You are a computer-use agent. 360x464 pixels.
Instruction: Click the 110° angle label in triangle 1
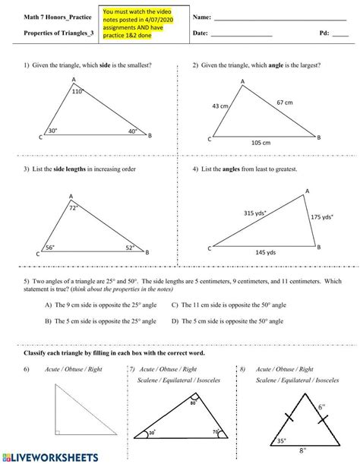(77, 92)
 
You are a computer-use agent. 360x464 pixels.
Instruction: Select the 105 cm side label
(261, 143)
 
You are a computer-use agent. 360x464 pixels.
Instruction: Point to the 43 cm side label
(220, 106)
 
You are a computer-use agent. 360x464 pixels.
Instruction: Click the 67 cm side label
(286, 101)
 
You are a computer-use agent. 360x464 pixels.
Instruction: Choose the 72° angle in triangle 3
(74, 207)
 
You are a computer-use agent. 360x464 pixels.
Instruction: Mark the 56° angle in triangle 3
(50, 247)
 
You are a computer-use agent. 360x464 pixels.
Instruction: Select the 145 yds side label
(267, 251)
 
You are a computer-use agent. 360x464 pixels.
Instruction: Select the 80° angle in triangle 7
(194, 403)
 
